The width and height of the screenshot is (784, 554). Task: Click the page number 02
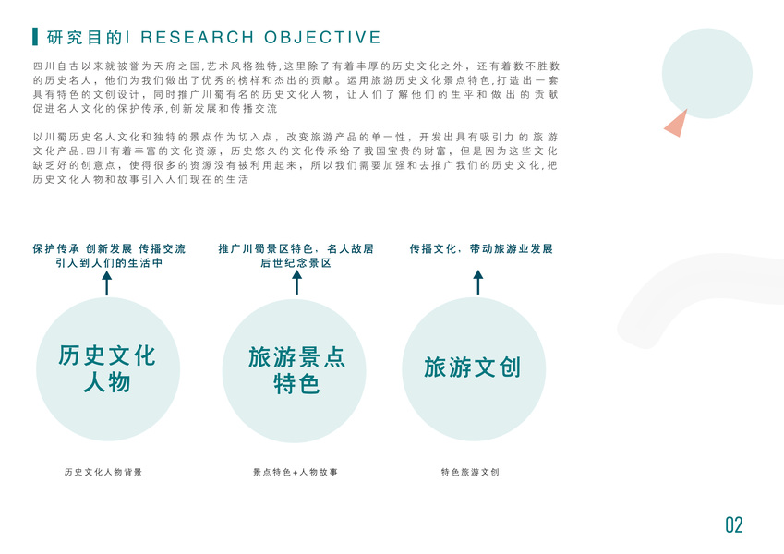[733, 525]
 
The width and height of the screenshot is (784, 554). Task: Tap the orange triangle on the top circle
[675, 123]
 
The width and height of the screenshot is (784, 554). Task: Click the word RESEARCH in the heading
[197, 38]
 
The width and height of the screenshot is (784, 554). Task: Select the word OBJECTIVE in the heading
[322, 38]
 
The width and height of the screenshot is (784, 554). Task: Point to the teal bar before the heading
[35, 37]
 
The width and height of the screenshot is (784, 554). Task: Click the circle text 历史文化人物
[107, 368]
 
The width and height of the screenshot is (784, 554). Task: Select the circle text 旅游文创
[472, 367]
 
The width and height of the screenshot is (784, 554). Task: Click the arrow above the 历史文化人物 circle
[107, 283]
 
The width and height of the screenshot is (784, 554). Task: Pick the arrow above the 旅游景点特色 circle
[296, 283]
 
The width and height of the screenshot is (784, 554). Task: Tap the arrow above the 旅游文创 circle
[477, 283]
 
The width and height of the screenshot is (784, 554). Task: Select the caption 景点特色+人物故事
[296, 472]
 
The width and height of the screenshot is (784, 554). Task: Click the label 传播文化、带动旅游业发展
[480, 249]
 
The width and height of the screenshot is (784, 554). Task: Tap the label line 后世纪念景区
[296, 263]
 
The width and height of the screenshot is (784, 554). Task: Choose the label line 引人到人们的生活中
[109, 263]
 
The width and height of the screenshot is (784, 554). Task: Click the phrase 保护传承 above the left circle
[55, 249]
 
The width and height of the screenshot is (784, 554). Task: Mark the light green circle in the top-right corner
[706, 72]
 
